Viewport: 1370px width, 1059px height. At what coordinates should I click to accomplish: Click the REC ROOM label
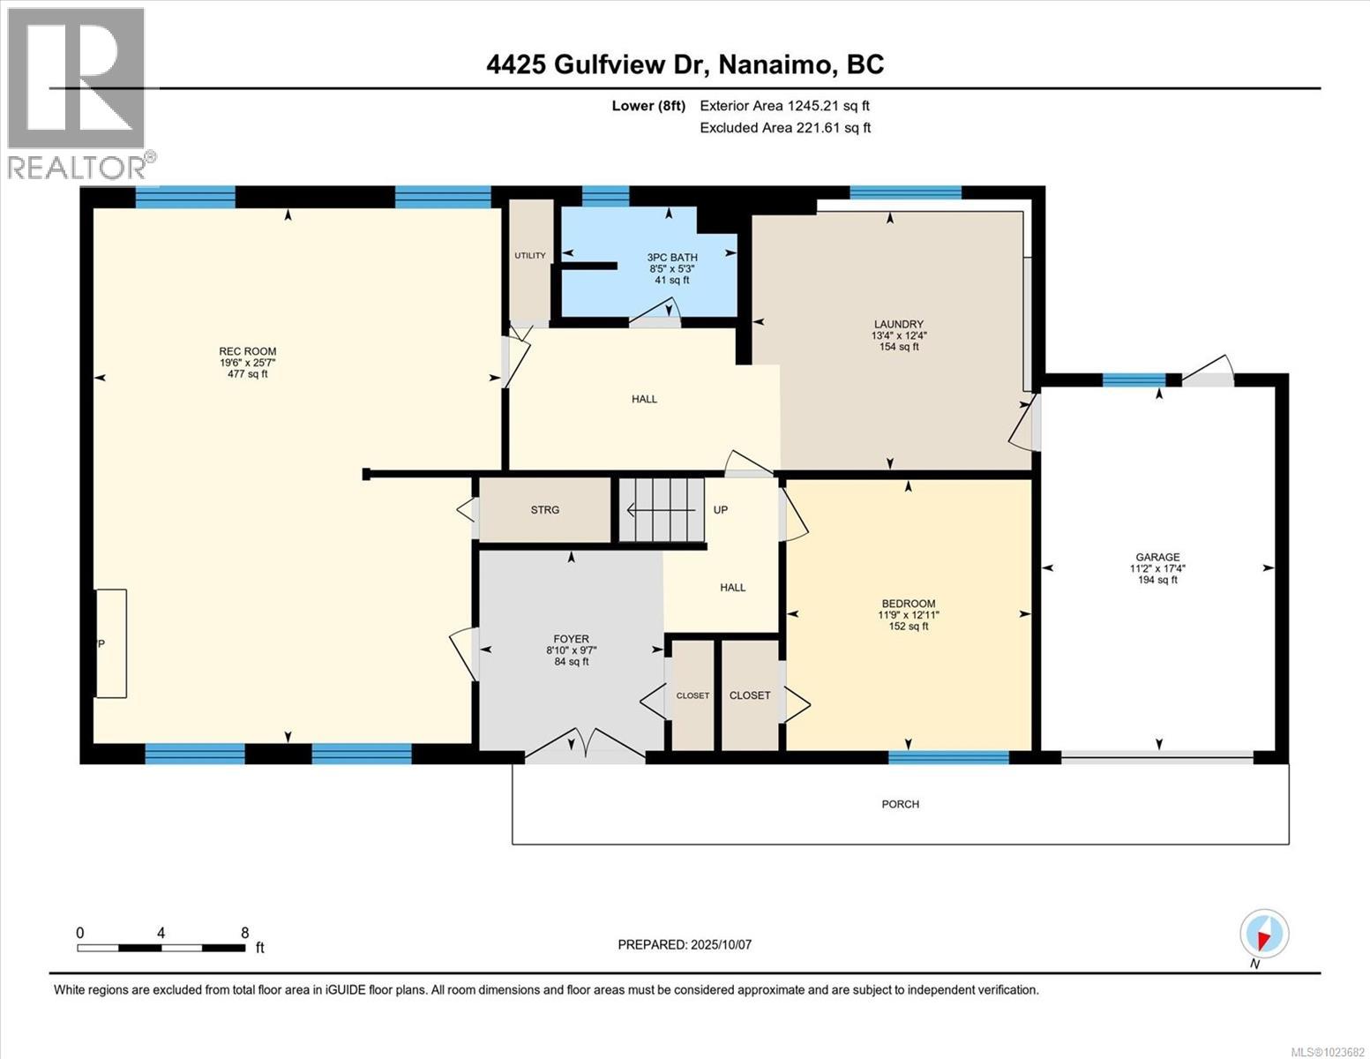[x=241, y=351]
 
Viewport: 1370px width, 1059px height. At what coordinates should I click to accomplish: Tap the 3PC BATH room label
[x=671, y=258]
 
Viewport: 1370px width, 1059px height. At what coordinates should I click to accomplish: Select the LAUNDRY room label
[x=898, y=324]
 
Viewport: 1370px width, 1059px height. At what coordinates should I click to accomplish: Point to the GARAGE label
[x=1157, y=557]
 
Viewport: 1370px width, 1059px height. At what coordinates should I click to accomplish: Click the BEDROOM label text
[x=909, y=604]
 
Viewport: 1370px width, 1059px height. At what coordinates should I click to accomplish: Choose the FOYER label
[x=571, y=639]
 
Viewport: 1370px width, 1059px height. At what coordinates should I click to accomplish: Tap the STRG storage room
[x=544, y=510]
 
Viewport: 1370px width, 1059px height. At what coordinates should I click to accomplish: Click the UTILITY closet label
[x=530, y=256]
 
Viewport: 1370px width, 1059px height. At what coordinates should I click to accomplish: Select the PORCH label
[x=900, y=804]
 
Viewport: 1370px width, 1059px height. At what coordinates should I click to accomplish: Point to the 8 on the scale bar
[x=244, y=933]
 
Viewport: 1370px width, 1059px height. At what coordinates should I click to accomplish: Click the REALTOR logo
[x=77, y=93]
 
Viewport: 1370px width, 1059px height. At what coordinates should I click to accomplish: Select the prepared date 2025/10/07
[x=685, y=944]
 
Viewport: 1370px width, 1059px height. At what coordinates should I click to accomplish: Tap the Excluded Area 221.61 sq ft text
[x=784, y=128]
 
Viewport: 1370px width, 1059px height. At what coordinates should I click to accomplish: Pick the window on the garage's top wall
[x=1134, y=380]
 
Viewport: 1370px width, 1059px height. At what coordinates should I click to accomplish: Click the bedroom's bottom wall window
[x=948, y=757]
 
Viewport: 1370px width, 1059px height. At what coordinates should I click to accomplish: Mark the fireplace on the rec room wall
[x=111, y=643]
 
